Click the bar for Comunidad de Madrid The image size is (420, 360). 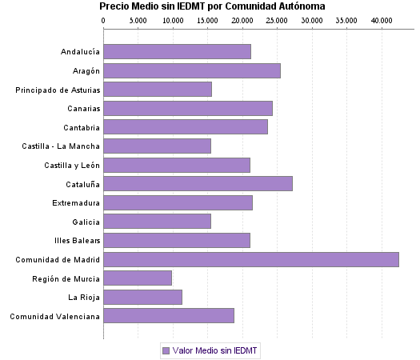[x=250, y=259]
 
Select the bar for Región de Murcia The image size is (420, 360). [x=138, y=278]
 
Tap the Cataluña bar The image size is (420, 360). [x=198, y=183]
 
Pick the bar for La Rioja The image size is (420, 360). [x=142, y=297]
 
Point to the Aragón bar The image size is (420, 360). [x=192, y=70]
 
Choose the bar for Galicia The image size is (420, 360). [x=157, y=221]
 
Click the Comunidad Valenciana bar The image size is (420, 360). [x=169, y=316]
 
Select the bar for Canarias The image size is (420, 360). [x=188, y=108]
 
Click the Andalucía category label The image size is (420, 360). [x=80, y=52]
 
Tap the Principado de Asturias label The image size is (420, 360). [x=58, y=90]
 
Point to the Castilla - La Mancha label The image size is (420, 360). [x=62, y=146]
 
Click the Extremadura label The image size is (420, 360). [x=76, y=202]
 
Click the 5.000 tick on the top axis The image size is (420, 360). [x=138, y=19]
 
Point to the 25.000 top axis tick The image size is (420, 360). [x=278, y=19]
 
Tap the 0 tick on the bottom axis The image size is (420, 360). [x=103, y=333]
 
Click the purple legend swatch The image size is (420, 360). [x=166, y=350]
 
